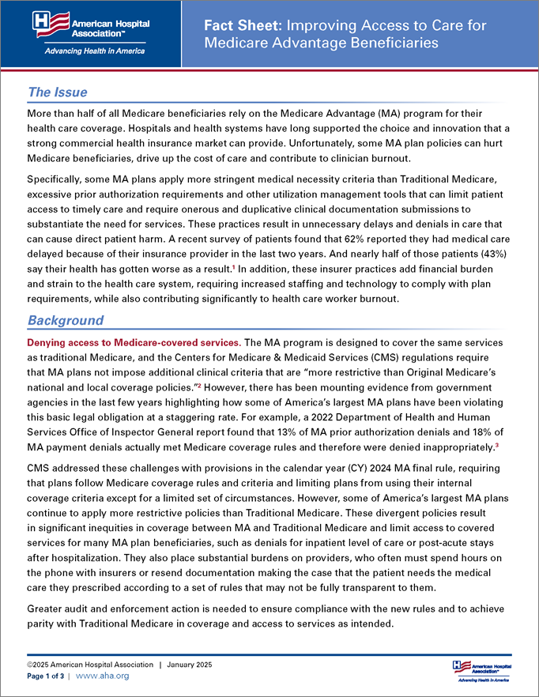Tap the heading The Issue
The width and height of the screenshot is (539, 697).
click(57, 92)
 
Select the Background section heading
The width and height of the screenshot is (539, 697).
click(66, 320)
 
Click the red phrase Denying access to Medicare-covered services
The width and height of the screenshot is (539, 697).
click(133, 342)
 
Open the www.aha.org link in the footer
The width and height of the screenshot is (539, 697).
click(102, 676)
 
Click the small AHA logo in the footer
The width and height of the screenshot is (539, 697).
click(481, 669)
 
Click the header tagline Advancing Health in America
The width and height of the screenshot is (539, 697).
click(89, 51)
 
